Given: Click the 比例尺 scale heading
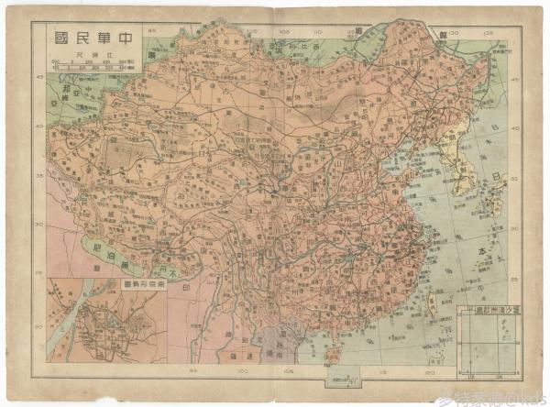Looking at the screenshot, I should pyautogui.click(x=83, y=55).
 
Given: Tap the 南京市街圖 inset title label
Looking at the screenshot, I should pyautogui.click(x=143, y=286).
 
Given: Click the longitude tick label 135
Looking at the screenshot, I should pyautogui.click(x=490, y=30).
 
